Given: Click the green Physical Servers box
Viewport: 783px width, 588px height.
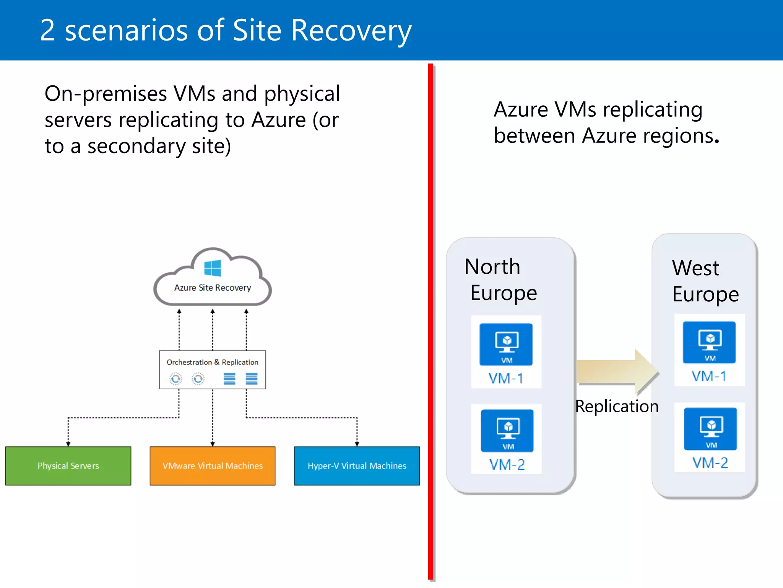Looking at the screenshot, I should click(x=68, y=465).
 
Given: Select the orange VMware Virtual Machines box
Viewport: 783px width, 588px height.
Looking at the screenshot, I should click(x=213, y=465).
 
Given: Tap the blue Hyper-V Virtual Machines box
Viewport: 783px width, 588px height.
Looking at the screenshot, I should click(x=357, y=465).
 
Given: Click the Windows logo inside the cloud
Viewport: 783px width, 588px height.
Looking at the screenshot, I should click(x=213, y=268).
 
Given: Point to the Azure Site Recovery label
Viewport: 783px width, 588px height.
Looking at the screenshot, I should click(x=213, y=287).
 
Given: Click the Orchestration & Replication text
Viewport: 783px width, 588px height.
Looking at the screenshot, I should click(x=213, y=362).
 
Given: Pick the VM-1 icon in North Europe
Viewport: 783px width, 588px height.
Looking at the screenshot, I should click(x=506, y=344).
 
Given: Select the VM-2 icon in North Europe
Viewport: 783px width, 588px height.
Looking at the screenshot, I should click(x=507, y=431).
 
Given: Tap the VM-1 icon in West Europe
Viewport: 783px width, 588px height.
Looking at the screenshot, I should click(x=709, y=342).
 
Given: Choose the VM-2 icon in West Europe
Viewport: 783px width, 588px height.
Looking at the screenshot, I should click(x=710, y=429).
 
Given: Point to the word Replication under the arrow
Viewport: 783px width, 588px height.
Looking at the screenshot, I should click(x=617, y=406).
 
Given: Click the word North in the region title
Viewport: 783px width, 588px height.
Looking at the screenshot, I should click(x=492, y=266).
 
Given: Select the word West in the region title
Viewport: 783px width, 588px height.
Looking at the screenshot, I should click(x=695, y=268).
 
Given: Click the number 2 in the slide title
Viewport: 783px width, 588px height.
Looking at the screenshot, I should click(x=47, y=31).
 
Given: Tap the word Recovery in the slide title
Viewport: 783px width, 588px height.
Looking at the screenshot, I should click(x=351, y=31).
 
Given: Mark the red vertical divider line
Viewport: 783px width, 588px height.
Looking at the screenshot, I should click(x=430, y=322).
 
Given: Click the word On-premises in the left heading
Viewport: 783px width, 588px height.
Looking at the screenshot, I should click(x=106, y=94).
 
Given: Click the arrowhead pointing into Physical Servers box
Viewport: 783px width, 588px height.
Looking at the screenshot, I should click(x=68, y=444).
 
